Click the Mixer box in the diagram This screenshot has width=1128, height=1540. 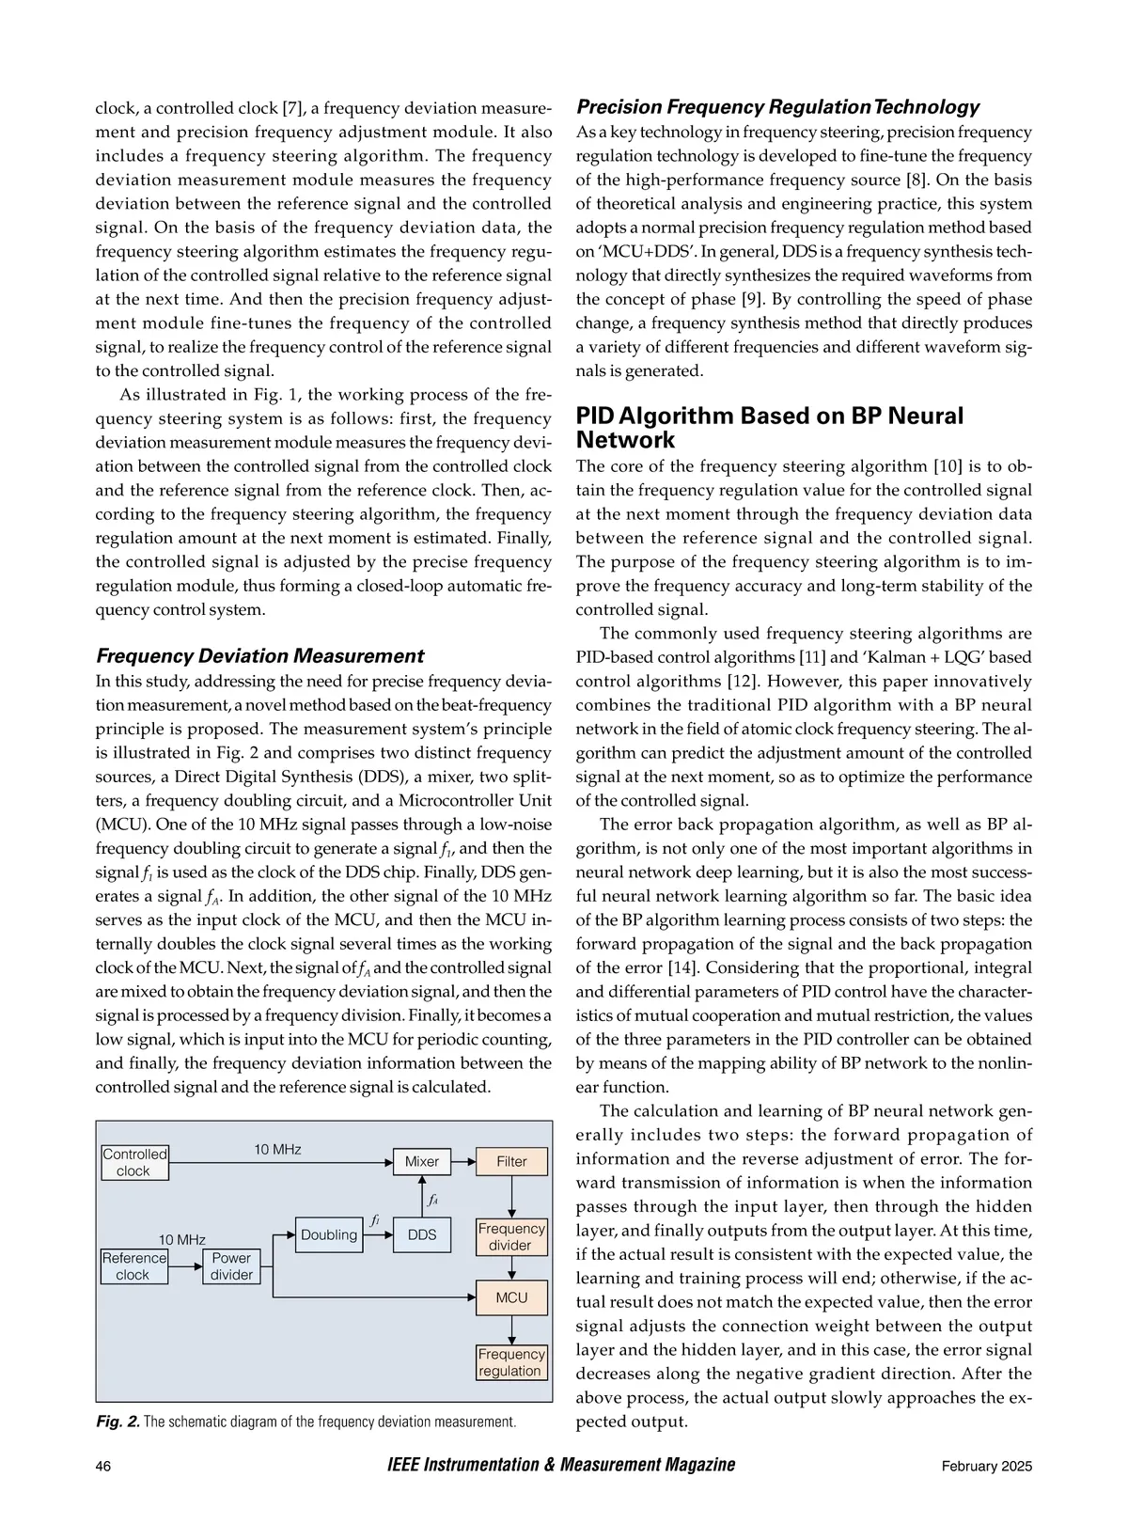(422, 1161)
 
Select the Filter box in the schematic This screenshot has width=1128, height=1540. (511, 1161)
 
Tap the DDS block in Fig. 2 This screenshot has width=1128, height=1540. (422, 1234)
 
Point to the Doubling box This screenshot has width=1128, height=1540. (329, 1234)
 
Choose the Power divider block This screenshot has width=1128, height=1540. (231, 1266)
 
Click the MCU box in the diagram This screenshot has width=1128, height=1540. (511, 1297)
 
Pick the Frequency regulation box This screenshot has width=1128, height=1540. (511, 1362)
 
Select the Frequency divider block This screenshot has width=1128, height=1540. (511, 1236)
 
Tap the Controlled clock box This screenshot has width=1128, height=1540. (134, 1162)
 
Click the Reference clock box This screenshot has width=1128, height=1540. (134, 1266)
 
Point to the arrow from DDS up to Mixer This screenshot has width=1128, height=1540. (422, 1194)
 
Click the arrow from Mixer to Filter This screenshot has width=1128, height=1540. (463, 1162)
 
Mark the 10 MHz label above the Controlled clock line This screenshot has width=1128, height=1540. (278, 1149)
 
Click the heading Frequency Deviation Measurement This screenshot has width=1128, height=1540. (260, 656)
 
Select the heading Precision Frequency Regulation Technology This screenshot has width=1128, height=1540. (777, 107)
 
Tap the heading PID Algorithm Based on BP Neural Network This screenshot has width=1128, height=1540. (769, 428)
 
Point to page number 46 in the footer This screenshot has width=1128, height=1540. (103, 1466)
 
